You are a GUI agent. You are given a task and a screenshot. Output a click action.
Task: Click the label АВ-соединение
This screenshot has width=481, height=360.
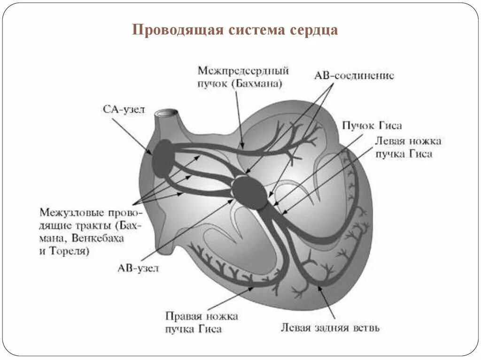(353, 76)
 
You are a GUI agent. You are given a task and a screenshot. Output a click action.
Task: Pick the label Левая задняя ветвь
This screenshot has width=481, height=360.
(330, 327)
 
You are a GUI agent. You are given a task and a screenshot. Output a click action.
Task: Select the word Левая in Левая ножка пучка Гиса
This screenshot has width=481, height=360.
(389, 141)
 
